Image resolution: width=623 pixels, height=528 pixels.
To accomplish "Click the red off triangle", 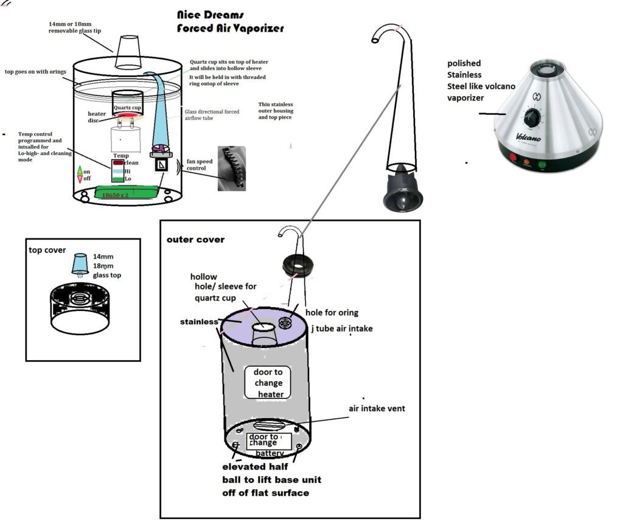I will (80, 178).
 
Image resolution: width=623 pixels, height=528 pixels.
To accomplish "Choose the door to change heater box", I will (264, 383).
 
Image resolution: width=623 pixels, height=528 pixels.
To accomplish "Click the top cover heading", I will (48, 250).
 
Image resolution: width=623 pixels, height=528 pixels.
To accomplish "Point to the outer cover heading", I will (195, 239).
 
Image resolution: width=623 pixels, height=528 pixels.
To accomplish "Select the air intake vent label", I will (377, 408).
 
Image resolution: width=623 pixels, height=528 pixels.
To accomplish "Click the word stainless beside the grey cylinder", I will (200, 321).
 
